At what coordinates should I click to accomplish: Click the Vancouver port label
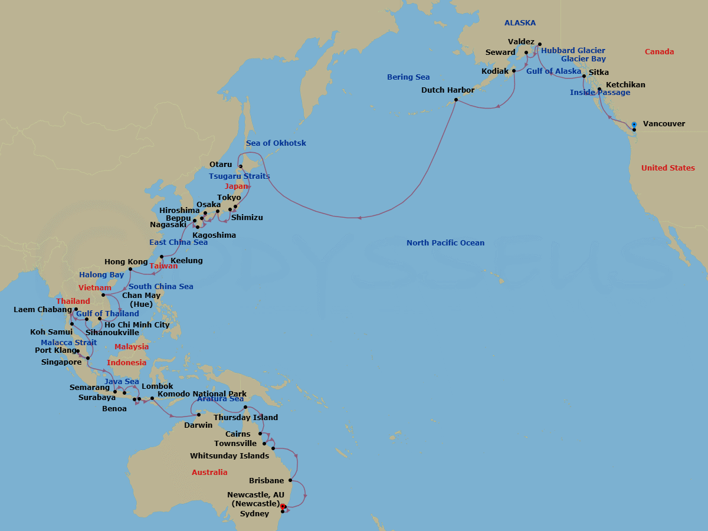(664, 124)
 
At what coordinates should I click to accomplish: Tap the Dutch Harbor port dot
(455, 100)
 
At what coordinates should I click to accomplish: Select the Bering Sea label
(408, 77)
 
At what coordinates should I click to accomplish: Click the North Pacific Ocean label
(445, 243)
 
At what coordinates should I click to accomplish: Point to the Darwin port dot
(199, 415)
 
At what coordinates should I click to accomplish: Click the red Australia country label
(209, 473)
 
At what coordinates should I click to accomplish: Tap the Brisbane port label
(267, 481)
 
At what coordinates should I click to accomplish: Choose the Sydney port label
(254, 514)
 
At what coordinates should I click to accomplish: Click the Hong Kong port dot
(130, 269)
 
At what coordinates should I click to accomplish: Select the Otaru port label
(221, 165)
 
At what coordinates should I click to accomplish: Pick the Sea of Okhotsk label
(276, 143)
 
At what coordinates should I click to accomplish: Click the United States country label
(668, 168)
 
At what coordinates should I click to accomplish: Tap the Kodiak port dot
(514, 71)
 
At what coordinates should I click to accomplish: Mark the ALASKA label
(520, 23)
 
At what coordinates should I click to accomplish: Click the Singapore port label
(61, 362)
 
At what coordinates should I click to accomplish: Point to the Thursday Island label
(245, 418)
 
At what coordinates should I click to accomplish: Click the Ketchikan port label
(625, 85)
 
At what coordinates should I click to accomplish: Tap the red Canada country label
(659, 52)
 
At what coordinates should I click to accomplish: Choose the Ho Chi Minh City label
(137, 325)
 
